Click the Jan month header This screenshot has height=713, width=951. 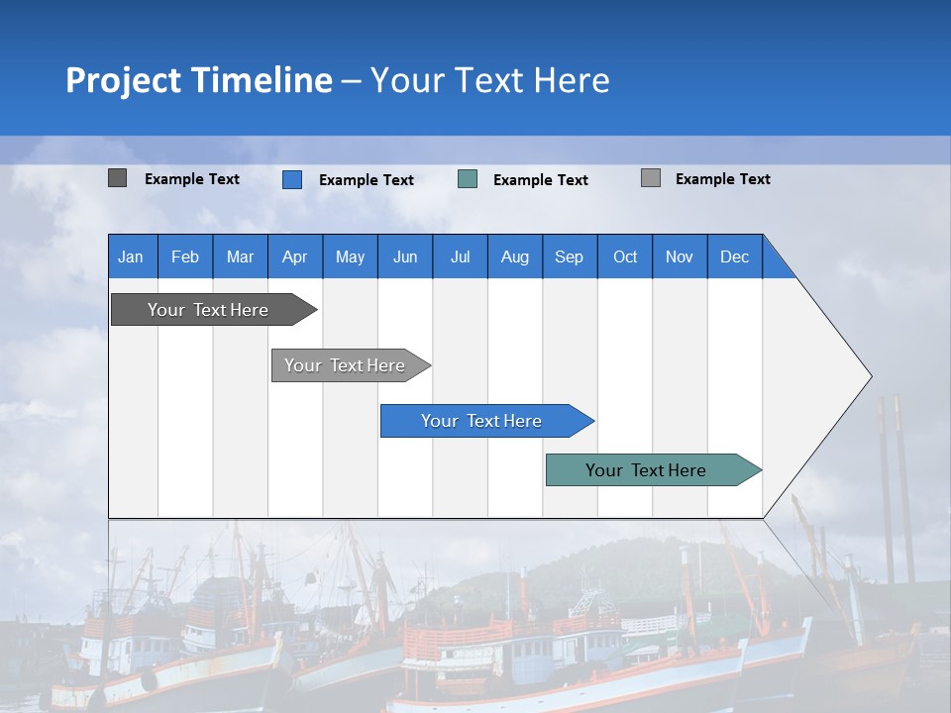coord(132,256)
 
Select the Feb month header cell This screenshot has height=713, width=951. coord(185,256)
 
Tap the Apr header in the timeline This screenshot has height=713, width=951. coord(295,256)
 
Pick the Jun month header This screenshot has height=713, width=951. coord(405,256)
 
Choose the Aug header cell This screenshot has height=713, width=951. coord(515,256)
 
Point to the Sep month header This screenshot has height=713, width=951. coord(570,256)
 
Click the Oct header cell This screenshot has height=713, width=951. coord(625,256)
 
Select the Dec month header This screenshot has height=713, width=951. coord(735,256)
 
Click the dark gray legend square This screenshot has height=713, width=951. coord(117,178)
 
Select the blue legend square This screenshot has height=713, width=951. coord(292,179)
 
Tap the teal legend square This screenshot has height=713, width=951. coord(468,179)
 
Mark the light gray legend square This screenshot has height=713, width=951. coord(651,178)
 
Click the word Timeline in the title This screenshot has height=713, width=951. coord(262,80)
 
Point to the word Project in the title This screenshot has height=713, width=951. coord(124,80)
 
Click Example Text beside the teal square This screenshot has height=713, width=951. coord(541,180)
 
